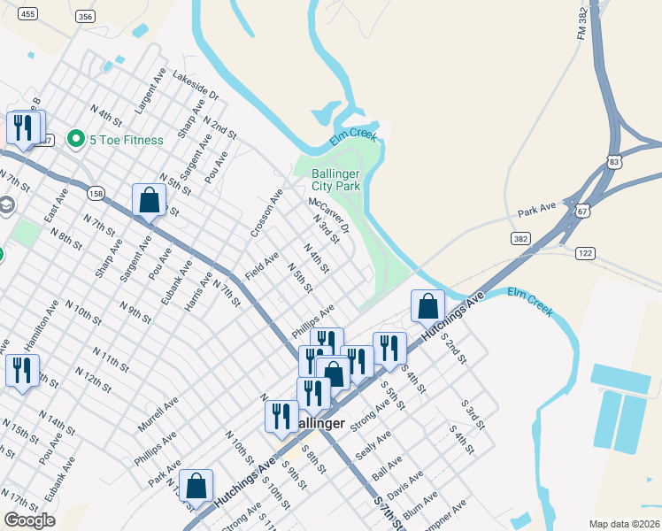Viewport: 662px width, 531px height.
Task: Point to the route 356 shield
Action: [85, 17]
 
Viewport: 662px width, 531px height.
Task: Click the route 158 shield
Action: [96, 193]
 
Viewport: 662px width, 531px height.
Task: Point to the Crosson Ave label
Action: [266, 213]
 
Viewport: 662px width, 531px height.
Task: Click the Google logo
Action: [29, 520]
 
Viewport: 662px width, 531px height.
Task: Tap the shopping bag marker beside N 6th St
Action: [149, 201]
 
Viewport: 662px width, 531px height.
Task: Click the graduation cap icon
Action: [6, 206]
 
